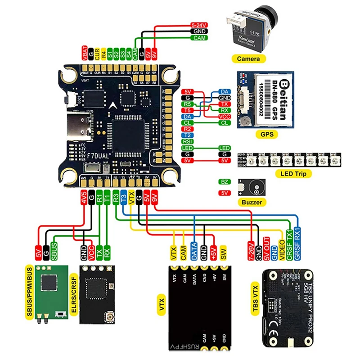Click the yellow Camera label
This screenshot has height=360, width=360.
pos(248,58)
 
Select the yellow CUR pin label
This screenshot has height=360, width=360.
pos(97,54)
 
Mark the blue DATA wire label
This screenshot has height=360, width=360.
pos(194,252)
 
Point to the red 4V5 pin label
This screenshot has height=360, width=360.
pos(84,197)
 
